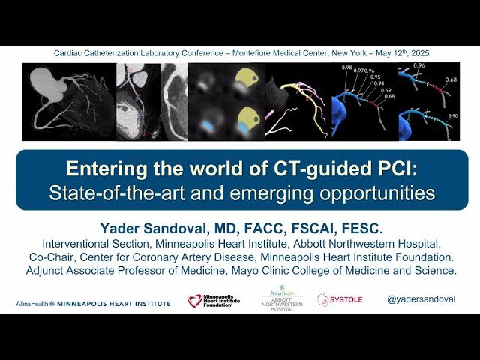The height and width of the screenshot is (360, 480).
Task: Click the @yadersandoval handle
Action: click(x=421, y=299)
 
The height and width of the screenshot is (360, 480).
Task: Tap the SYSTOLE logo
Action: click(x=340, y=299)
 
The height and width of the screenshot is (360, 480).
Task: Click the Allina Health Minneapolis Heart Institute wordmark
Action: click(x=93, y=303)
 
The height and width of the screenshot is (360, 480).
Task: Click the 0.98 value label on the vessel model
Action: click(x=346, y=69)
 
